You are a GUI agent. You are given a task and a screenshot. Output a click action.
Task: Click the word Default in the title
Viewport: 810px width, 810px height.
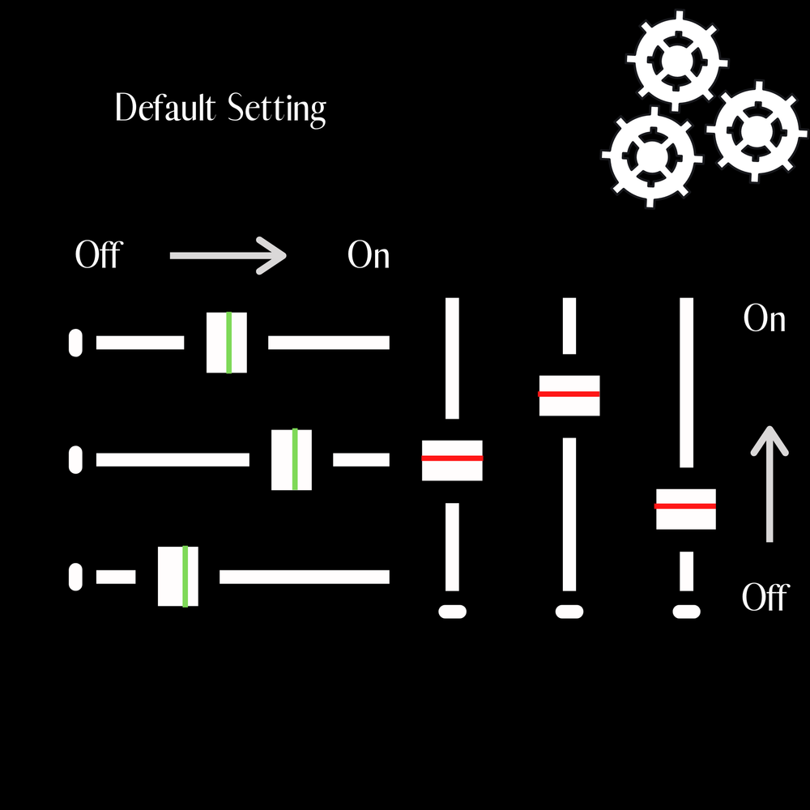166,108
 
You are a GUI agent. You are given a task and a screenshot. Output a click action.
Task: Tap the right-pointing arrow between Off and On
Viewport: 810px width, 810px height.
228,256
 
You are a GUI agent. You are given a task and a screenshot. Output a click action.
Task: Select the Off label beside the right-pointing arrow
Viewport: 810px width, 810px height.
97,256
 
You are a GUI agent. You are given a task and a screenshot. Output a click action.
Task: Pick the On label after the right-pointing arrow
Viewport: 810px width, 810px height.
369,256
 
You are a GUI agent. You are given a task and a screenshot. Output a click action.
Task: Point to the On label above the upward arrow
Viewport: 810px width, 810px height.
765,319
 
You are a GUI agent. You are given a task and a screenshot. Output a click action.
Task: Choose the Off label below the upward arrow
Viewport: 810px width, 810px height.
765,598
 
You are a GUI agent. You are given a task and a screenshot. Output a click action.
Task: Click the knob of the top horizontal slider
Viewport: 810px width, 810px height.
227,343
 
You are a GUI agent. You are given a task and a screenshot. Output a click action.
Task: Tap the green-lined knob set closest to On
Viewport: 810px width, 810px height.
292,459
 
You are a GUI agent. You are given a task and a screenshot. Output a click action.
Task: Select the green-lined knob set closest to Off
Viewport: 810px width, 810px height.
178,576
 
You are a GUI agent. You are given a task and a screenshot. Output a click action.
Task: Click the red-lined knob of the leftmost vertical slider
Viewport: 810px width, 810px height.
452,460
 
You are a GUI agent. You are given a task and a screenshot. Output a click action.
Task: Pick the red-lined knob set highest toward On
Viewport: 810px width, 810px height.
569,395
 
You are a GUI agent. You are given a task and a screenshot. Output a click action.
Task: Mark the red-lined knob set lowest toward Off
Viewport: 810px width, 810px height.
686,509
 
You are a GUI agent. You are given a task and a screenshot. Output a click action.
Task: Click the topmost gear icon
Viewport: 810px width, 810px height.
675,61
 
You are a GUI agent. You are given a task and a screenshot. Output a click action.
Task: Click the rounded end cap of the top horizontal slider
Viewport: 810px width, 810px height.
75,343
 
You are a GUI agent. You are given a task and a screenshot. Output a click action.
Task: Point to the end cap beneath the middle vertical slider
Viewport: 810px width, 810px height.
569,612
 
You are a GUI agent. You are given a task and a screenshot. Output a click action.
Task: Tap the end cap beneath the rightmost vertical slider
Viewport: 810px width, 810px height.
687,612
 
